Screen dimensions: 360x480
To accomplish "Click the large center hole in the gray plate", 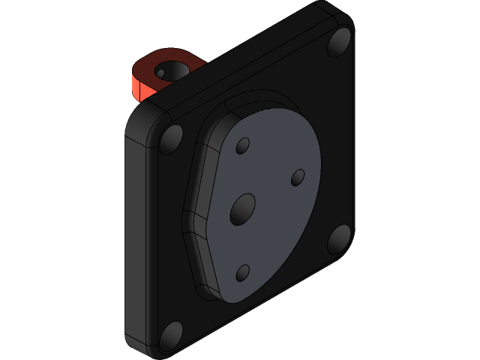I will coord(242,208).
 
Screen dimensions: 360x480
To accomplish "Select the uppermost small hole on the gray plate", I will coord(242,146).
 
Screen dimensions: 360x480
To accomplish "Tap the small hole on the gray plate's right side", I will coord(298,178).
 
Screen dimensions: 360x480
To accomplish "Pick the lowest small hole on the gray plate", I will coord(242,273).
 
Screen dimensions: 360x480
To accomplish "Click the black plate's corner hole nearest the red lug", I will coord(172,138).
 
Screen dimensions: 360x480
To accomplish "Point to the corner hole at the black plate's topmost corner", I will coord(338,43).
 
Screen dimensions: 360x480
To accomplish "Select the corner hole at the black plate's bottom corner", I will coord(172,335).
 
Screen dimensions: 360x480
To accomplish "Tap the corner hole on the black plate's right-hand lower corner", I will coord(339,239).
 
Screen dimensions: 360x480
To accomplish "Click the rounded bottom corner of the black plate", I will coord(154,350).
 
